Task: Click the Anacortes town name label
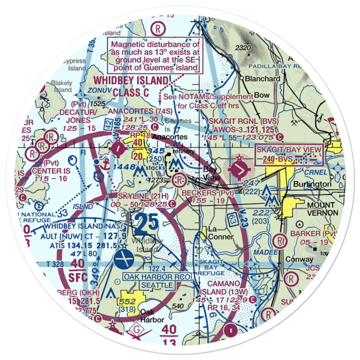pyautogui.click(x=170, y=137)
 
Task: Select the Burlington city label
pyautogui.click(x=312, y=184)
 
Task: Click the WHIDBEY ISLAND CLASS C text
pyautogui.click(x=130, y=86)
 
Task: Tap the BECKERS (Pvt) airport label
pyautogui.click(x=208, y=194)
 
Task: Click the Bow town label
pyautogui.click(x=259, y=96)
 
